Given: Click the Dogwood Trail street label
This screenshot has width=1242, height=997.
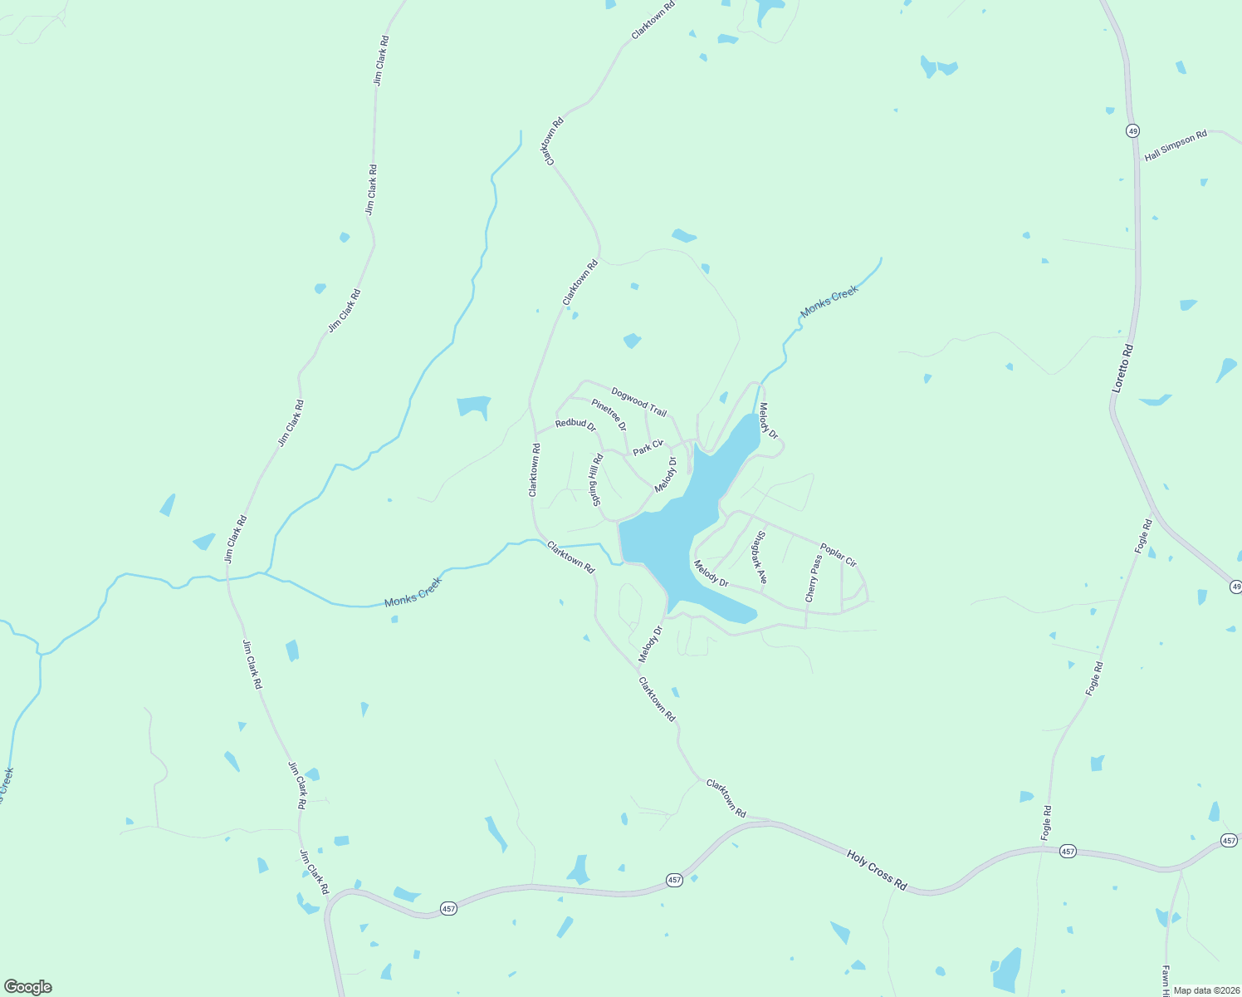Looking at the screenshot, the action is tap(638, 402).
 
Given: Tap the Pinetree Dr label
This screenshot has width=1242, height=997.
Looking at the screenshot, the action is tap(609, 415).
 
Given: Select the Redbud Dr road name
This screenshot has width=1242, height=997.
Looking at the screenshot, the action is tap(575, 424).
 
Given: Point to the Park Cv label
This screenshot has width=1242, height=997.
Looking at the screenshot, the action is tap(648, 447).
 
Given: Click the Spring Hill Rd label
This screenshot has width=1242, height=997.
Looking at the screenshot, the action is tap(596, 480).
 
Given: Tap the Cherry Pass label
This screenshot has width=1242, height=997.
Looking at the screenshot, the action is tap(813, 578).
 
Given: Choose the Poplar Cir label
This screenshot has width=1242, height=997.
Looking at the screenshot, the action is tap(838, 555).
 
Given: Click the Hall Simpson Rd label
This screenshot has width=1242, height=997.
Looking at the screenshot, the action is tap(1175, 146).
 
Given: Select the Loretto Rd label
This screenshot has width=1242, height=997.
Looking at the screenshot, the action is tap(1122, 369).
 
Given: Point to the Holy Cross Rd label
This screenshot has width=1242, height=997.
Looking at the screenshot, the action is tap(877, 870).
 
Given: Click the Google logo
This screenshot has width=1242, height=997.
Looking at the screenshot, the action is tap(28, 987).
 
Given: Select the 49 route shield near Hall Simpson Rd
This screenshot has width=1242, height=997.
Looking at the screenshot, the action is tap(1132, 130).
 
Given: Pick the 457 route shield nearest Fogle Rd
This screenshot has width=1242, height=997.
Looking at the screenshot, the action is tap(1068, 852).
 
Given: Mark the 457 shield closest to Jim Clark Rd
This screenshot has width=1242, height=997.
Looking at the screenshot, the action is tap(448, 908).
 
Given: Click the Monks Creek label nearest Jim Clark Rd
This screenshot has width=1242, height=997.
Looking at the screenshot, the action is tap(413, 592).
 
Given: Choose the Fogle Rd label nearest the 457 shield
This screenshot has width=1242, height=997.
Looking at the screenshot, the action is tap(1046, 821).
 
